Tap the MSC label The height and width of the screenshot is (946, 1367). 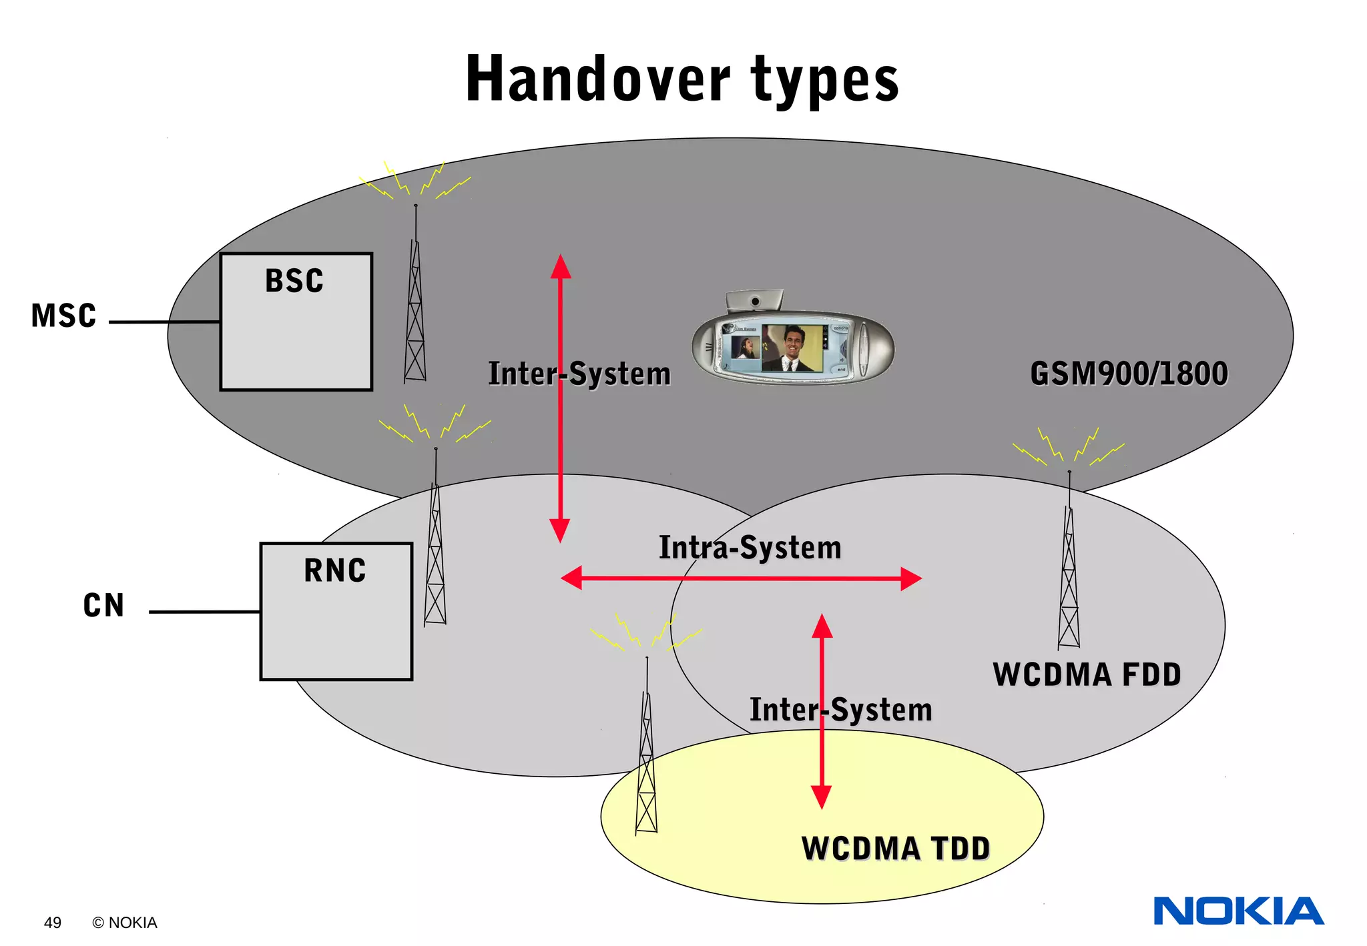coord(64,316)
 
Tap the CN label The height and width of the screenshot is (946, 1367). coord(103,606)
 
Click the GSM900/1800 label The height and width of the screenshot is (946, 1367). coord(1129,374)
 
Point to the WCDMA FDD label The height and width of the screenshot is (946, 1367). coord(1087,674)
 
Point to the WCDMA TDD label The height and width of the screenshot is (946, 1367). coord(895,849)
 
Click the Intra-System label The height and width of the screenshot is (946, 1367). coord(750,548)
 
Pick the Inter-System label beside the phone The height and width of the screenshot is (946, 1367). coord(579,374)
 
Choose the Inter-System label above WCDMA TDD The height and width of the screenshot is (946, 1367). coord(840,709)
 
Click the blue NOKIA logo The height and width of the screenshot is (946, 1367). coord(1238,911)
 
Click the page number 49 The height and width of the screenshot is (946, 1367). coord(52,923)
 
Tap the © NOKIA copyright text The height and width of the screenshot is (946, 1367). coord(125,923)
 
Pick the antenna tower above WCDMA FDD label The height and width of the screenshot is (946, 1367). coord(1069,574)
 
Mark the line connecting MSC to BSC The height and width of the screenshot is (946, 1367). coord(164,322)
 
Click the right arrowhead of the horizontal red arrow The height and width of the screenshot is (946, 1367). coord(911,578)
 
